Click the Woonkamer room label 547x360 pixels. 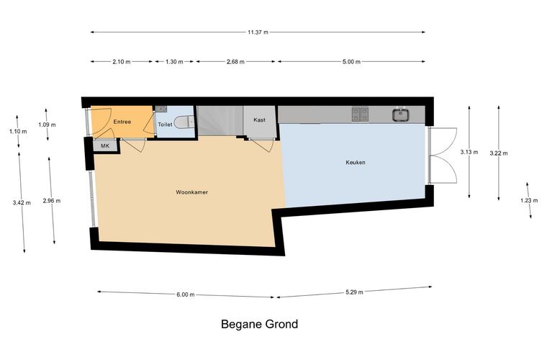pos(191,192)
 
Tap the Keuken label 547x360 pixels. pos(356,162)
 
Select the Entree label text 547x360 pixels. pos(122,122)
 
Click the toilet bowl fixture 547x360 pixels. pos(184,122)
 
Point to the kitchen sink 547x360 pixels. pos(401,114)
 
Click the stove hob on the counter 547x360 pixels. pos(360,114)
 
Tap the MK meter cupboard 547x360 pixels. pos(104,146)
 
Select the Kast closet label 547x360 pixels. pos(260,120)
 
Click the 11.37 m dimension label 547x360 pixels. pos(258,32)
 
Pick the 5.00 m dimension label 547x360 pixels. pos(351,62)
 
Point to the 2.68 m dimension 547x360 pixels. pos(235,62)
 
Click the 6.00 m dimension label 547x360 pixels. pos(186,294)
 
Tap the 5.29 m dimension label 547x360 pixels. pos(354,292)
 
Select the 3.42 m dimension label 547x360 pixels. pos(22,202)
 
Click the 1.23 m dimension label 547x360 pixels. pos(529,200)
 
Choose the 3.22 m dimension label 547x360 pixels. pos(499,153)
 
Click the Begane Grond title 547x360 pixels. pos(260,324)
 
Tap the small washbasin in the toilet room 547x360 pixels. pos(161,109)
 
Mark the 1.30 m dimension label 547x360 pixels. pos(174,62)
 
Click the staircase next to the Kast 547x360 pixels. pos(220,121)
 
